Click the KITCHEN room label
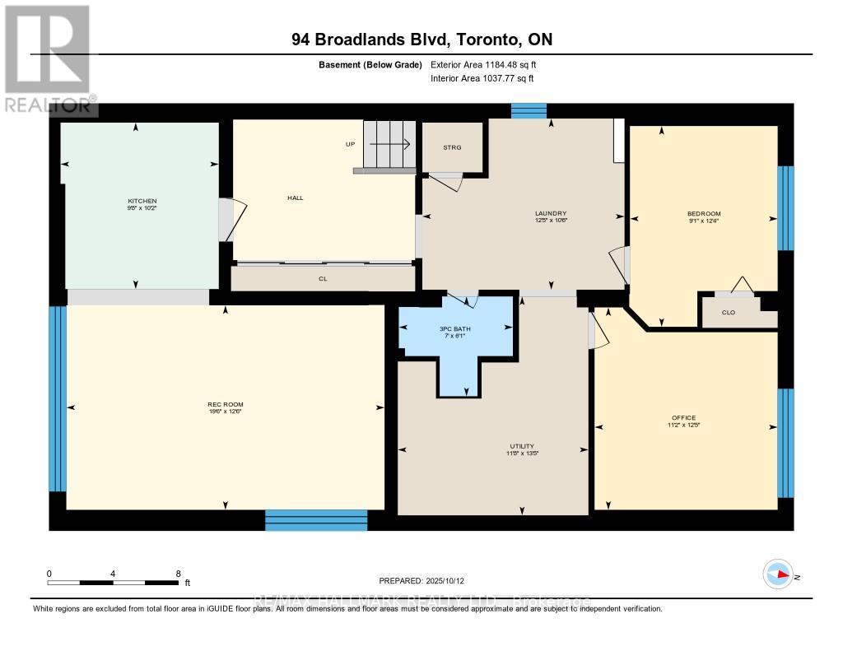[x=142, y=202]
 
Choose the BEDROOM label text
[x=704, y=214]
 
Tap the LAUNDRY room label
[x=551, y=214]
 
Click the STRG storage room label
[x=452, y=147]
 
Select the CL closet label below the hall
[x=323, y=279]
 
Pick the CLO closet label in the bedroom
[x=728, y=312]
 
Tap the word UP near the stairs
[x=350, y=144]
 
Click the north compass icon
[x=778, y=574]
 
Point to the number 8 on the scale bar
[x=178, y=574]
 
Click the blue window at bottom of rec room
[x=316, y=519]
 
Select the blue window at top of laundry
[x=529, y=110]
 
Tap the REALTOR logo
[x=46, y=58]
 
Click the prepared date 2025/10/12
[x=426, y=580]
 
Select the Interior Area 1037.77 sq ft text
[x=482, y=78]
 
